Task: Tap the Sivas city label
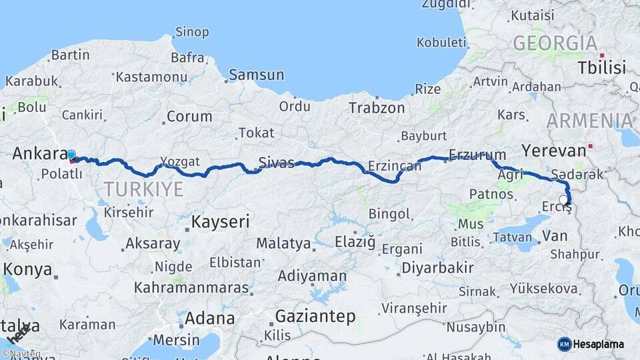pyautogui.click(x=276, y=163)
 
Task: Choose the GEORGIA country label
pyautogui.click(x=555, y=43)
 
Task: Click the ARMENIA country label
pyautogui.click(x=589, y=121)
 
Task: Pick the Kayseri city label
pyautogui.click(x=220, y=221)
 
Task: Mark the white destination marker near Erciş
pyautogui.click(x=564, y=199)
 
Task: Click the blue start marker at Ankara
pyautogui.click(x=71, y=155)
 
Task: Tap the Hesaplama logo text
pyautogui.click(x=600, y=344)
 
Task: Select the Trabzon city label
pyautogui.click(x=377, y=107)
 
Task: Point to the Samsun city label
pyautogui.click(x=257, y=75)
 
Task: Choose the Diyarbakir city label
pyautogui.click(x=437, y=268)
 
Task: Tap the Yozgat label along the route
pyautogui.click(x=180, y=161)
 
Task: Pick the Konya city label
pyautogui.click(x=27, y=269)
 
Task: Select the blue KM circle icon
pyautogui.click(x=564, y=344)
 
